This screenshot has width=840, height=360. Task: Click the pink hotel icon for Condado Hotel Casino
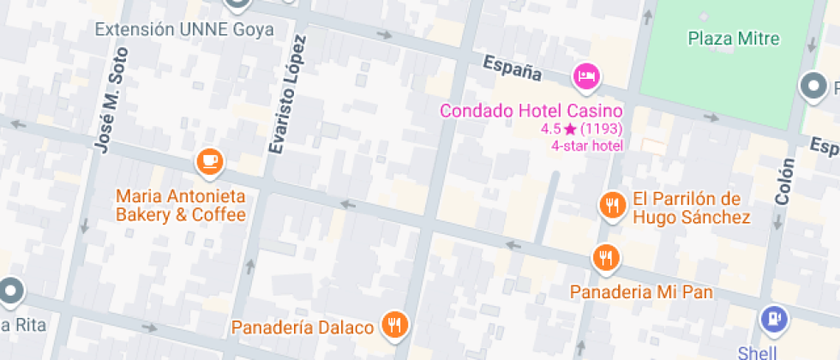tap(587, 76)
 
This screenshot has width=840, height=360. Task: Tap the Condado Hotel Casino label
tap(531, 111)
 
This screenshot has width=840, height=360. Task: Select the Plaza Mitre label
tap(734, 39)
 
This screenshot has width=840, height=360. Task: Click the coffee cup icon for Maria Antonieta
tap(209, 159)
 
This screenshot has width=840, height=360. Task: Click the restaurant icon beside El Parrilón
tap(611, 205)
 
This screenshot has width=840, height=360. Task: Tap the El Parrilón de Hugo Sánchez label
tap(691, 208)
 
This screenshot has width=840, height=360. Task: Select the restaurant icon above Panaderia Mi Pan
tap(606, 257)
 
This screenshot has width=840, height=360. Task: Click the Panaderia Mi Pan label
tap(642, 292)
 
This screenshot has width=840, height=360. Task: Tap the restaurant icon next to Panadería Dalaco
tap(395, 324)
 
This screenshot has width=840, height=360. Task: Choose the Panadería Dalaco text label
tap(303, 327)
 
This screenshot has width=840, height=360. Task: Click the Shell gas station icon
tap(773, 320)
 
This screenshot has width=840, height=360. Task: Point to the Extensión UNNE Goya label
tap(184, 30)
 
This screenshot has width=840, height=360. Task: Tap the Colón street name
tap(783, 182)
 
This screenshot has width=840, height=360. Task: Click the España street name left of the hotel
tap(513, 68)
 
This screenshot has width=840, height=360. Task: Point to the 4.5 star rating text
tap(581, 129)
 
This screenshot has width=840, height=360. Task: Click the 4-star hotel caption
tap(587, 145)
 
